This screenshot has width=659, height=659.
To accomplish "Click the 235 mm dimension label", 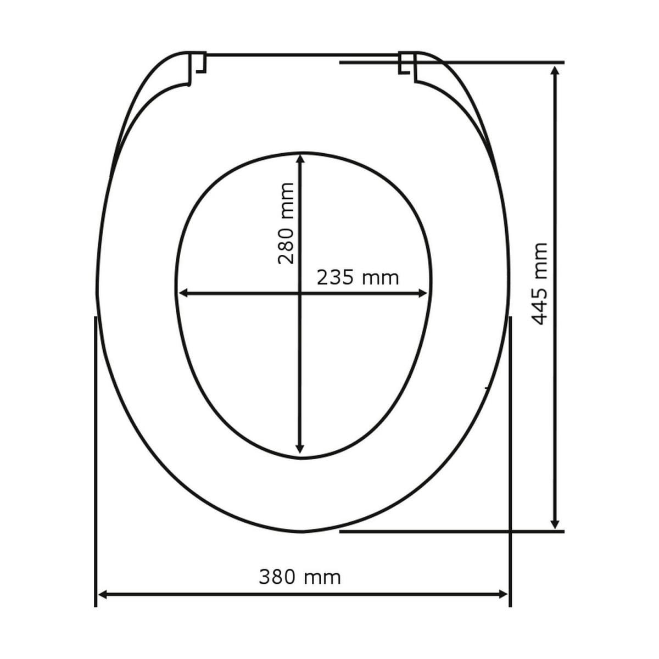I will (358, 278).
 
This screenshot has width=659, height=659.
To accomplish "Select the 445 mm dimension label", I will (541, 283).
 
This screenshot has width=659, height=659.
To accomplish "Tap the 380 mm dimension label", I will (300, 577).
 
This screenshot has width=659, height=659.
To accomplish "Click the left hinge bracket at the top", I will (197, 64).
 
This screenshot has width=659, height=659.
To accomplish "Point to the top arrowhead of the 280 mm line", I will (300, 159).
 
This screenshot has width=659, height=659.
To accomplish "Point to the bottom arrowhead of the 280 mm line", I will (300, 449).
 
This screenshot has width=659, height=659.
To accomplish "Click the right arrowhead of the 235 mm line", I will (422, 294).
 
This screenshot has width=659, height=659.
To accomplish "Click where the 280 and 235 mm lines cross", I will (300, 294).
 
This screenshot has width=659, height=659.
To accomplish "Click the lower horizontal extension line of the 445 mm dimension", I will (450, 531).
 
